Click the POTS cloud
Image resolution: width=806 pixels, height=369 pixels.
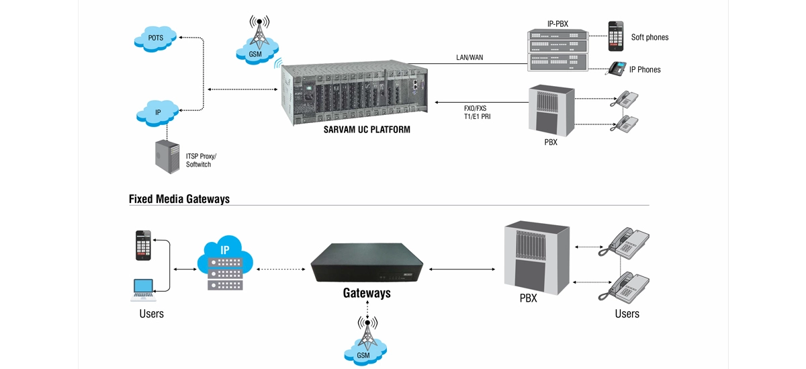(x=156, y=38)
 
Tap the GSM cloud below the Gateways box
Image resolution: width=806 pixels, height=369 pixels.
(x=363, y=353)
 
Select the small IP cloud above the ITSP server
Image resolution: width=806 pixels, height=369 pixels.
(x=158, y=112)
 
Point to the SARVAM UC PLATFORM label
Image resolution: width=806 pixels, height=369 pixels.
(x=366, y=129)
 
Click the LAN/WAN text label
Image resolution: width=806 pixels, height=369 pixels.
(x=469, y=58)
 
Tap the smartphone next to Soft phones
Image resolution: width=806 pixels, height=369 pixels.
(x=616, y=36)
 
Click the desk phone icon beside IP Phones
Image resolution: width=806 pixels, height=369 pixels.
(x=616, y=69)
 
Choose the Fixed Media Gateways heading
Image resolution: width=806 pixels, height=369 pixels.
(x=179, y=199)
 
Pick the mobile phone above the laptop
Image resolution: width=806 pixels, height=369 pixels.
(x=143, y=245)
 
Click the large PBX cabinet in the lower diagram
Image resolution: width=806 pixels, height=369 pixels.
(x=537, y=258)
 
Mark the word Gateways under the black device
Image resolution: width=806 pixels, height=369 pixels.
(x=367, y=293)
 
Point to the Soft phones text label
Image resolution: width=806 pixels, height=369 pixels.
(x=650, y=38)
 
